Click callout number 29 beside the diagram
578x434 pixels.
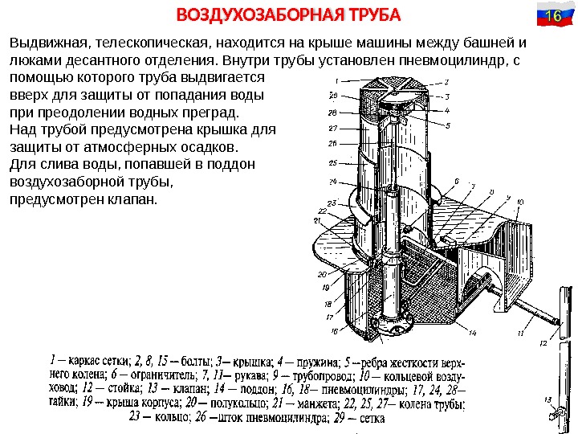click(x=333, y=96)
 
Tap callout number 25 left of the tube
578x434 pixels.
click(x=332, y=163)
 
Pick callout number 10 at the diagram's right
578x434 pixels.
click(x=520, y=202)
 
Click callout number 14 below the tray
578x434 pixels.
click(x=473, y=333)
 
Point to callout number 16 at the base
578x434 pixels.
click(x=335, y=330)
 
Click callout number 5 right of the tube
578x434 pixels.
click(x=447, y=125)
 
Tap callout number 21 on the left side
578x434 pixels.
click(x=317, y=219)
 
